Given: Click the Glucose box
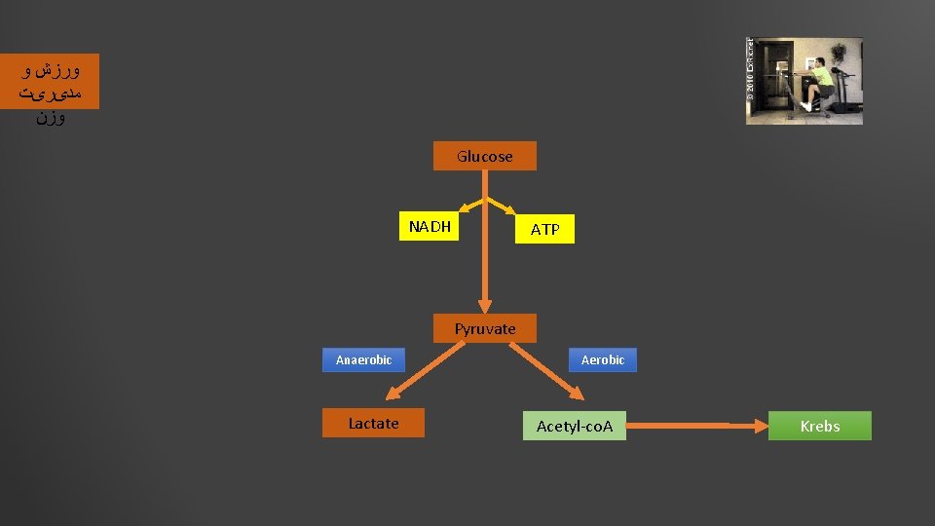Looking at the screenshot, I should (484, 156).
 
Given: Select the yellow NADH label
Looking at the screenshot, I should (430, 227).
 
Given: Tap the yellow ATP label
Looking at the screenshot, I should (544, 229).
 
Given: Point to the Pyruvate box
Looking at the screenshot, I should (484, 328).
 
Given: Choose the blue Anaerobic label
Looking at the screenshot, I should (363, 359).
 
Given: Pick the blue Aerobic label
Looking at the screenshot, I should (602, 359).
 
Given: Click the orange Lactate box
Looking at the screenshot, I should (373, 424).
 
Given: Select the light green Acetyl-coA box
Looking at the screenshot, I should (575, 426).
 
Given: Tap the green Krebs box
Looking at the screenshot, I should (819, 426).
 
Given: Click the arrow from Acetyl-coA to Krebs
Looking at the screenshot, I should (696, 426).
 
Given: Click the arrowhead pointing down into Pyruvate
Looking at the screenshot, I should (484, 305).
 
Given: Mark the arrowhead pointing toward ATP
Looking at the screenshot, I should (510, 208).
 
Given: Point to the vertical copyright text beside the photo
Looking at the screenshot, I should (750, 70).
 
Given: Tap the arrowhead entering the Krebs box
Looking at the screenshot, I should (762, 426).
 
